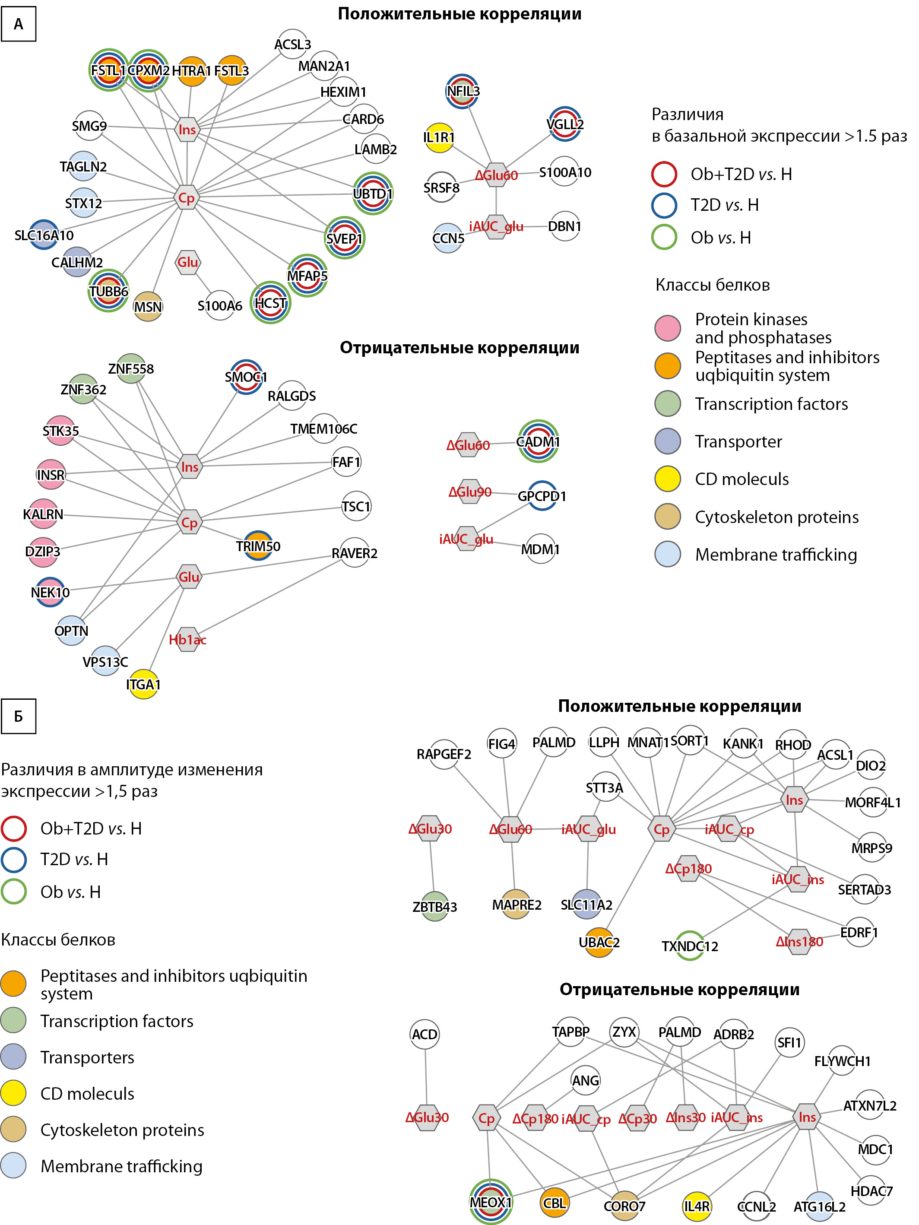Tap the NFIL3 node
click(x=462, y=92)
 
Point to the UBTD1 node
click(x=373, y=194)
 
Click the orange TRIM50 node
click(x=258, y=546)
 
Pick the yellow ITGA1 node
click(x=143, y=685)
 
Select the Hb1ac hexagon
click(x=188, y=640)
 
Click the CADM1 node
click(x=538, y=441)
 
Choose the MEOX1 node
click(x=491, y=1202)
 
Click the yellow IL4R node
click(x=697, y=1206)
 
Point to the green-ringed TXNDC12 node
click(x=690, y=946)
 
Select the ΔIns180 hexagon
click(x=799, y=942)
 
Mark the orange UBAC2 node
click(x=599, y=943)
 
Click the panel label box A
click(x=18, y=24)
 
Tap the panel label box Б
click(x=18, y=717)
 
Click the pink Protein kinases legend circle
click(x=668, y=328)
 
